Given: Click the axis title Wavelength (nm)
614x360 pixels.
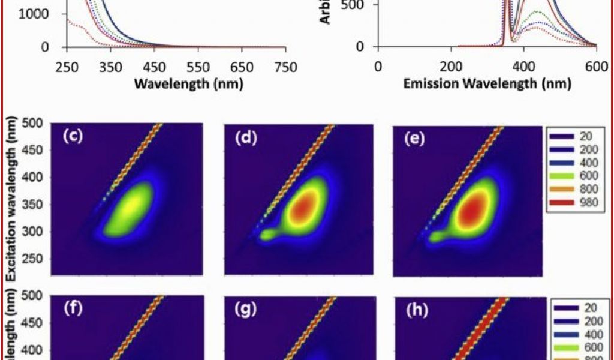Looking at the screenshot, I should pos(188,83).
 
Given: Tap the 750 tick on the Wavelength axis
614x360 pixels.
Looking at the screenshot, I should pos(285,67).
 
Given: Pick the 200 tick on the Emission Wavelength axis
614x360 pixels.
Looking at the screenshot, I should pos(450,67).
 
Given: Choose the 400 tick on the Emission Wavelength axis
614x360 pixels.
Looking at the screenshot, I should pos(523,67).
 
